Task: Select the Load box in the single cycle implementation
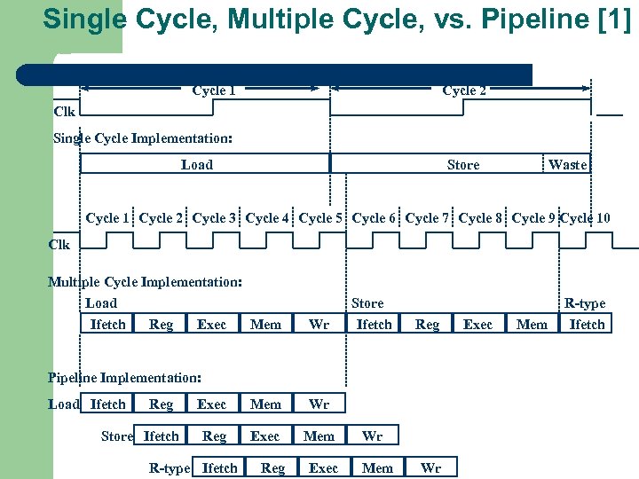[x=197, y=164]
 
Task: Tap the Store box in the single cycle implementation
[x=463, y=165]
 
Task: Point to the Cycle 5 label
[x=320, y=217]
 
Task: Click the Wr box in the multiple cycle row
[x=319, y=325]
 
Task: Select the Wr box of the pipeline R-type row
[x=430, y=468]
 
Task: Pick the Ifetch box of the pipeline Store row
[x=161, y=436]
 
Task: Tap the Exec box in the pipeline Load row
[x=211, y=404]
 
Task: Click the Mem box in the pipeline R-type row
[x=378, y=468]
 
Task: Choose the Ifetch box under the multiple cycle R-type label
[x=587, y=325]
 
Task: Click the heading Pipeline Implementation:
[x=124, y=377]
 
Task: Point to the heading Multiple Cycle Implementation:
[x=145, y=282]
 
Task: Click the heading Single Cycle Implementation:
[x=143, y=138]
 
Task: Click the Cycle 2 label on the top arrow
[x=463, y=90]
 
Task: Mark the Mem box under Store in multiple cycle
[x=532, y=325]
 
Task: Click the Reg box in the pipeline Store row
[x=214, y=436]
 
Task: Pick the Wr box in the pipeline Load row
[x=319, y=404]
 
